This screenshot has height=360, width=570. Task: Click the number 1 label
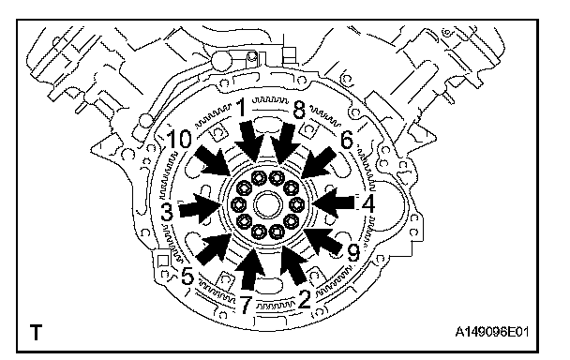pos(241,109)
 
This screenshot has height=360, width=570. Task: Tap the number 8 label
pos(299,110)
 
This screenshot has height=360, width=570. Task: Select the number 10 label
pos(179,139)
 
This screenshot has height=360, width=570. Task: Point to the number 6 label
pos(347,140)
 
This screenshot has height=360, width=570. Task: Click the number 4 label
pos(367,204)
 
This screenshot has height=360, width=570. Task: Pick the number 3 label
pos(167,213)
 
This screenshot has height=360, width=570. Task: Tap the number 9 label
pos(353,253)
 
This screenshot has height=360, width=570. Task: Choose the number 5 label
pos(187,276)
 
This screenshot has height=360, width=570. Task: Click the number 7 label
pos(246,305)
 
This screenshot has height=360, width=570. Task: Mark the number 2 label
pos(304,299)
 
